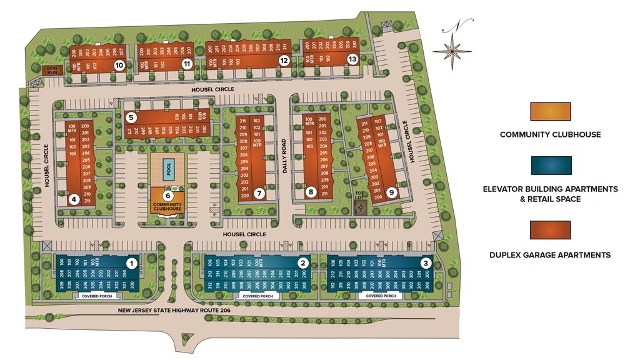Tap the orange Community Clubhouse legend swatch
click(x=550, y=112)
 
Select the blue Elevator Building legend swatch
click(x=550, y=166)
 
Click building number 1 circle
click(x=131, y=263)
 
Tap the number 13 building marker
click(x=352, y=59)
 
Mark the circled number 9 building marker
click(x=391, y=192)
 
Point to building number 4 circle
click(x=74, y=200)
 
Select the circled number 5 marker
click(x=131, y=117)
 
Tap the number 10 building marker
click(x=119, y=64)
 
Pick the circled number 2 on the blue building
click(x=303, y=263)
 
